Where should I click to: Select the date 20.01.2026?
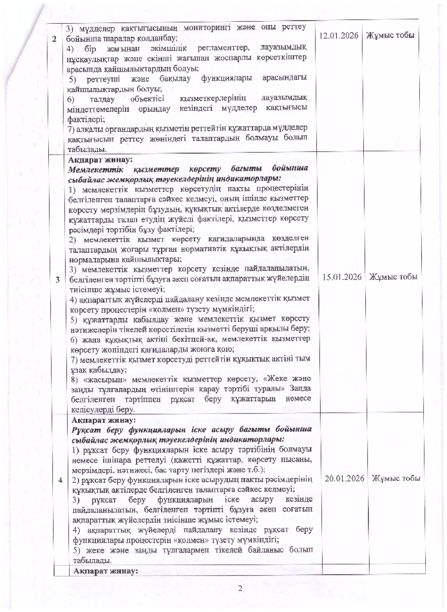click(344, 478)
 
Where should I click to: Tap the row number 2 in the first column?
click(54, 39)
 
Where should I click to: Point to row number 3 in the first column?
click(58, 280)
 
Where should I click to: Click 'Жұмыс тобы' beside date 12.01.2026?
click(390, 35)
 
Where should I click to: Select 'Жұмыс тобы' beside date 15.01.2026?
click(393, 277)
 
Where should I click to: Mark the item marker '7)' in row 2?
click(72, 128)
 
